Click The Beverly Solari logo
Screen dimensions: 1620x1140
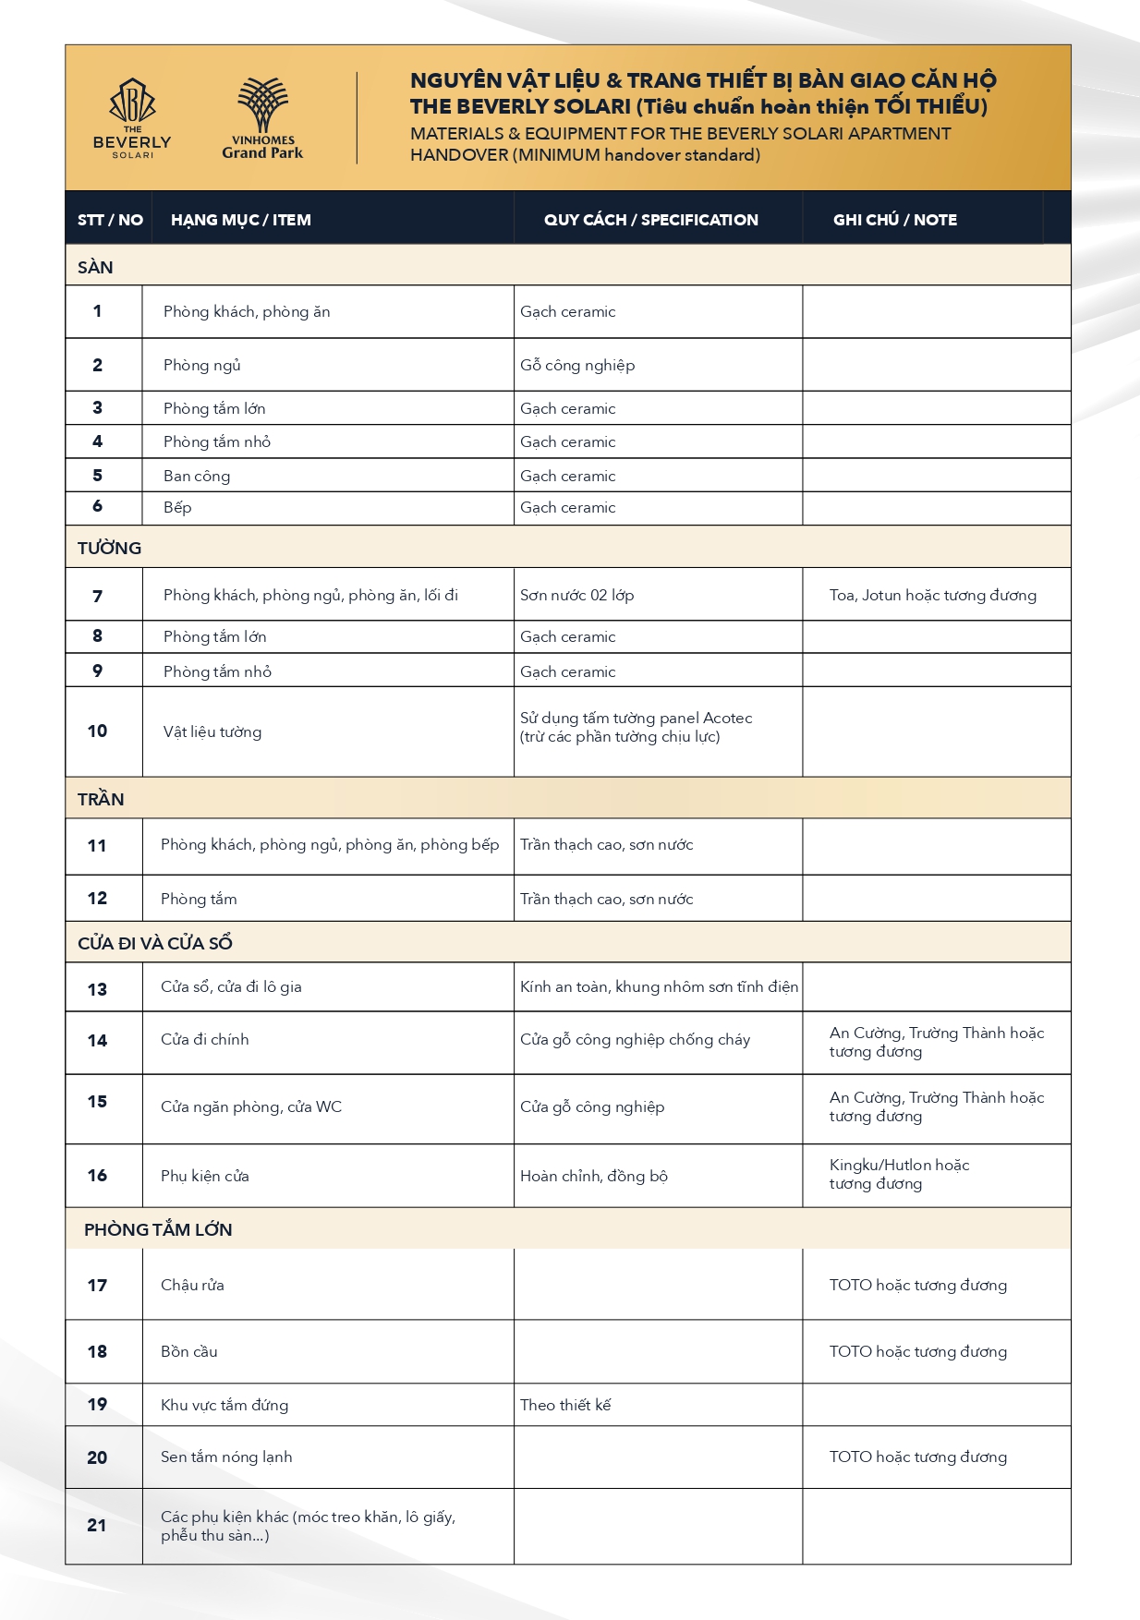(132, 119)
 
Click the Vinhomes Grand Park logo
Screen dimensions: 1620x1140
(262, 119)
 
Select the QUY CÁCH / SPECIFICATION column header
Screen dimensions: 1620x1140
(650, 220)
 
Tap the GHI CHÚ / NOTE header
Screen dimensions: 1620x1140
(894, 220)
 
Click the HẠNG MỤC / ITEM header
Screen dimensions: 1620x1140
(240, 220)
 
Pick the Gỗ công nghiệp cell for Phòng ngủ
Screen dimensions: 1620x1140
(577, 366)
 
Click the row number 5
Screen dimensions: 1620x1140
(97, 476)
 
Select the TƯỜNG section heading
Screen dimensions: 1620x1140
(109, 548)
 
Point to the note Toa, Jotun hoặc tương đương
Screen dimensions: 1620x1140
(932, 596)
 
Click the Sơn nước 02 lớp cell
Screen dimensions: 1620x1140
(576, 596)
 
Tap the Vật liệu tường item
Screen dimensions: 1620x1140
(212, 732)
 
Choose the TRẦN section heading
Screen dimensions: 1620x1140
(101, 799)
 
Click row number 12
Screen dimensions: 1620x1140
(97, 899)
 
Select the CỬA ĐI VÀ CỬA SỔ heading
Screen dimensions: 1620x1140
(154, 943)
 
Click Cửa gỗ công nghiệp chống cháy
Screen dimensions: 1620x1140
(635, 1040)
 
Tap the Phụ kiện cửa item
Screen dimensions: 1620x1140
(204, 1176)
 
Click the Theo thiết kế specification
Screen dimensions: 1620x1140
(565, 1405)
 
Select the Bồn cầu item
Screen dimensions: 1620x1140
(188, 1352)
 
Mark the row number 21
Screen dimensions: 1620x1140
(97, 1526)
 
